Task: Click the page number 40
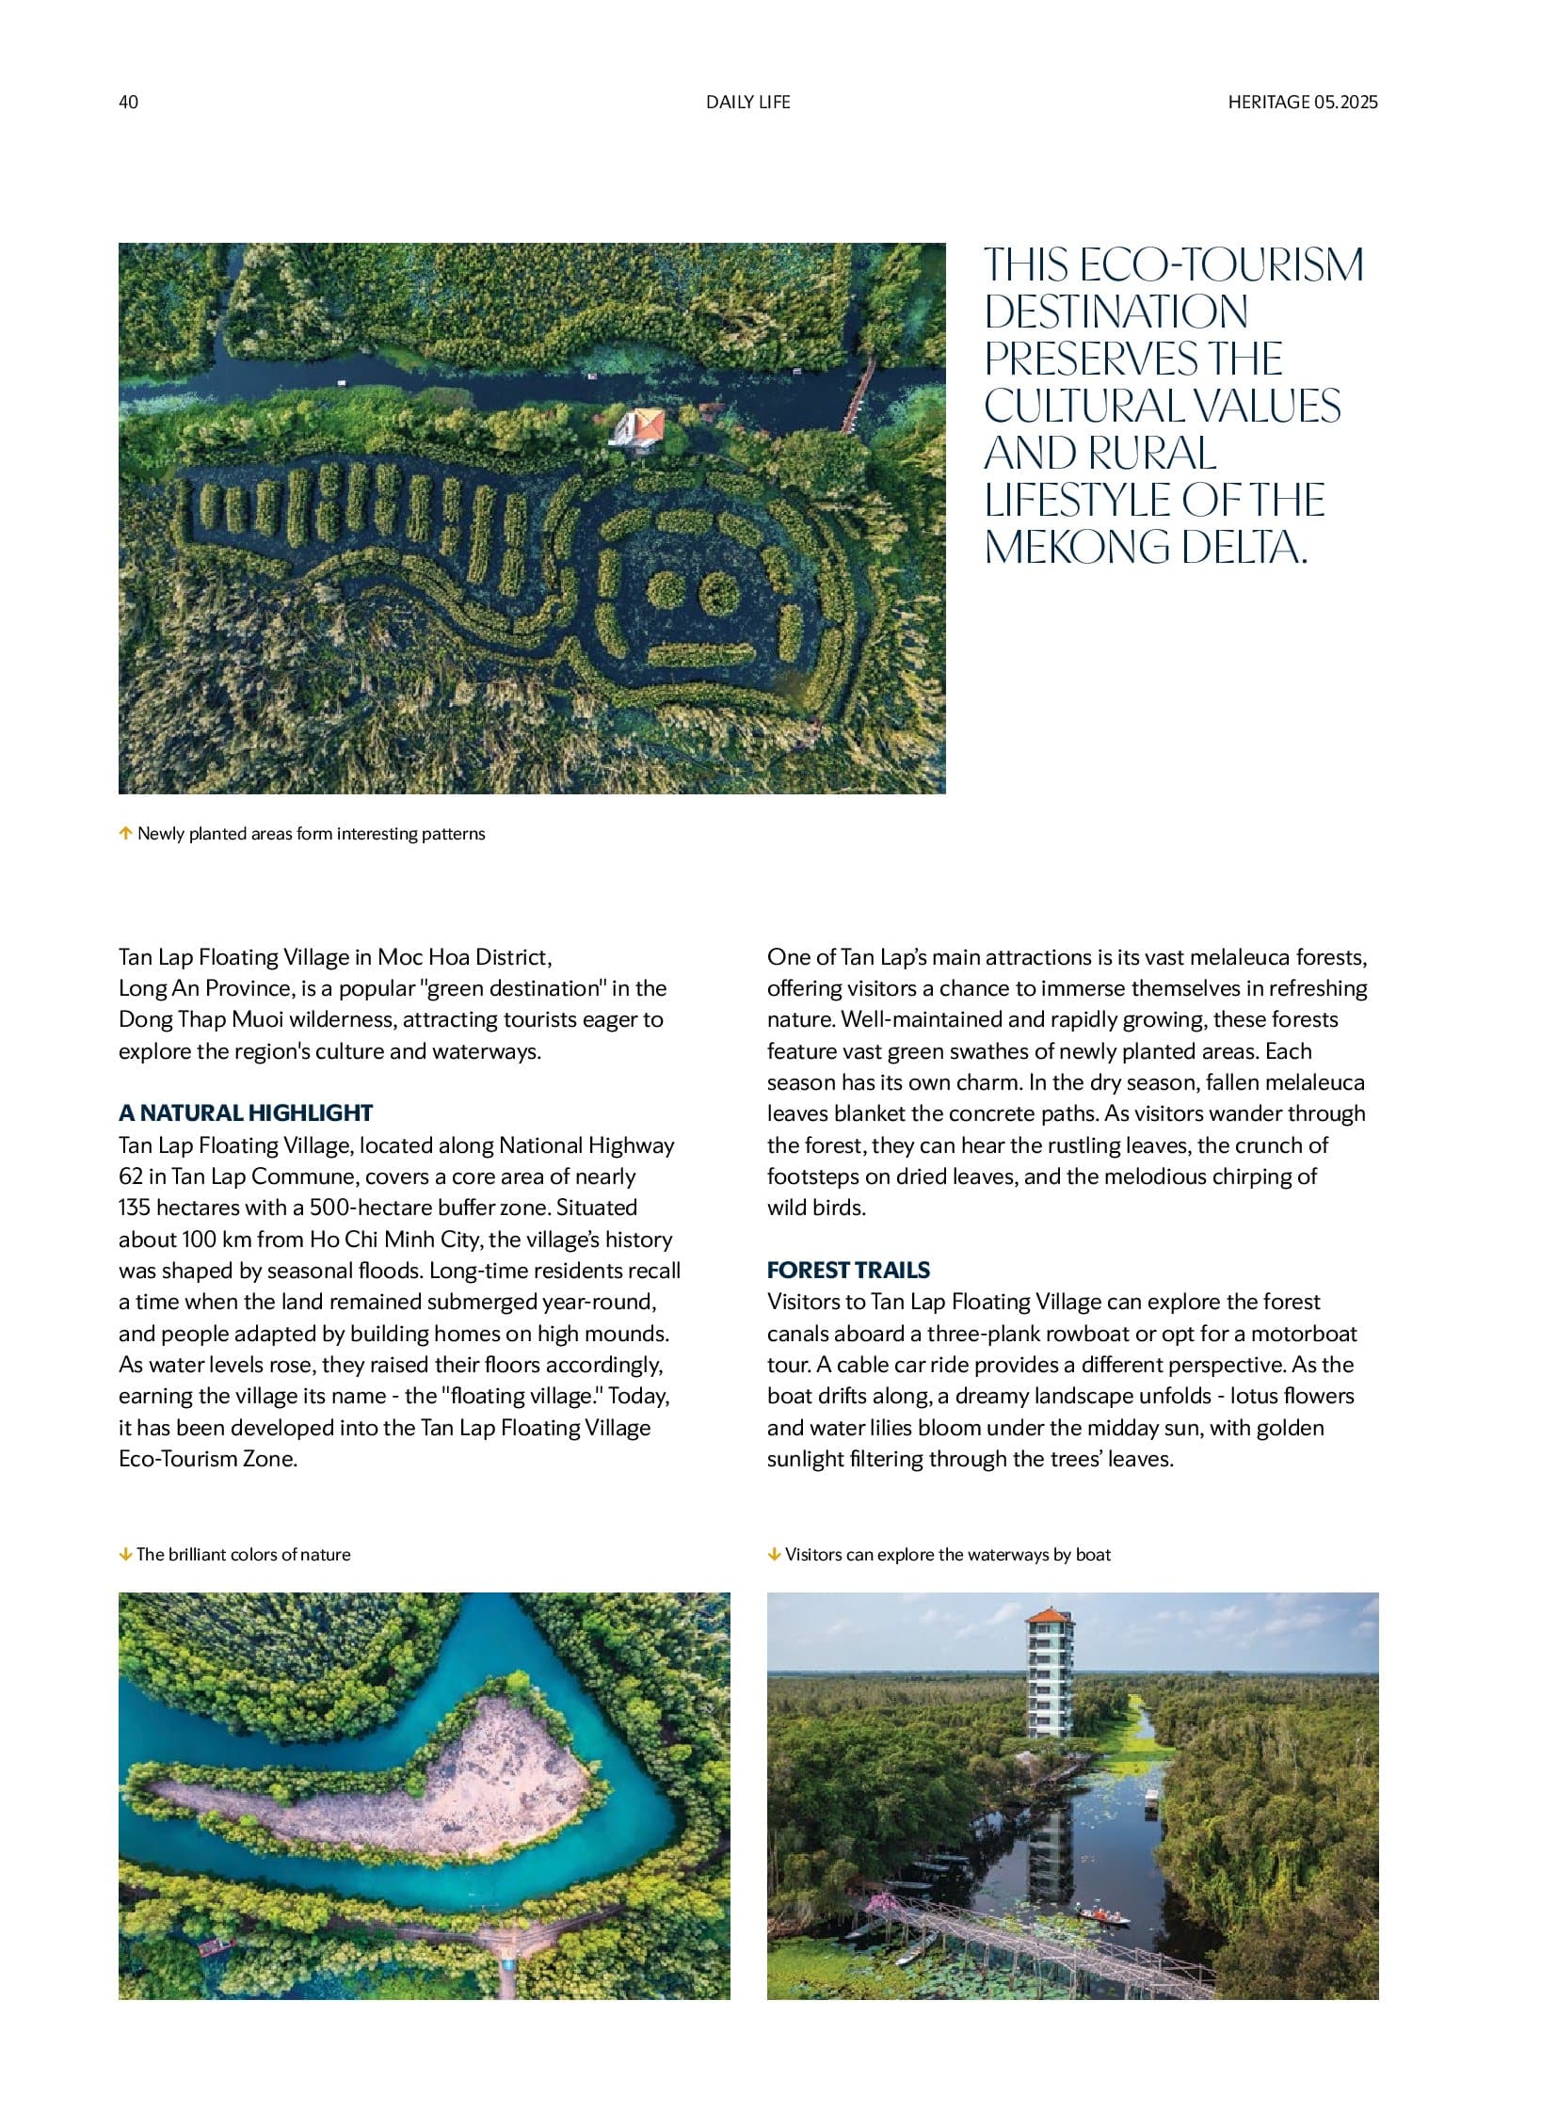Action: point(128,102)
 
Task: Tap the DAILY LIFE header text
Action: point(747,102)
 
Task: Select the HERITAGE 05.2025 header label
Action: point(1303,102)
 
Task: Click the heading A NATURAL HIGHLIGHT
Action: point(245,1113)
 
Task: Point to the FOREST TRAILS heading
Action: point(848,1270)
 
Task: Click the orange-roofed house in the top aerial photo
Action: point(640,426)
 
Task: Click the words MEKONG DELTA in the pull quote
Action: point(1144,548)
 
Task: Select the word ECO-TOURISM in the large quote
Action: point(1221,264)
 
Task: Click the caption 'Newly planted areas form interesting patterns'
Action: point(311,834)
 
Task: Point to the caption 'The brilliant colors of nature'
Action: point(243,1555)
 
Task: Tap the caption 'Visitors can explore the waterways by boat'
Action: point(947,1555)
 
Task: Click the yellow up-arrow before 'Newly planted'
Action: point(125,833)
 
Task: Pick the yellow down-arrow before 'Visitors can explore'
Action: point(774,1554)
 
